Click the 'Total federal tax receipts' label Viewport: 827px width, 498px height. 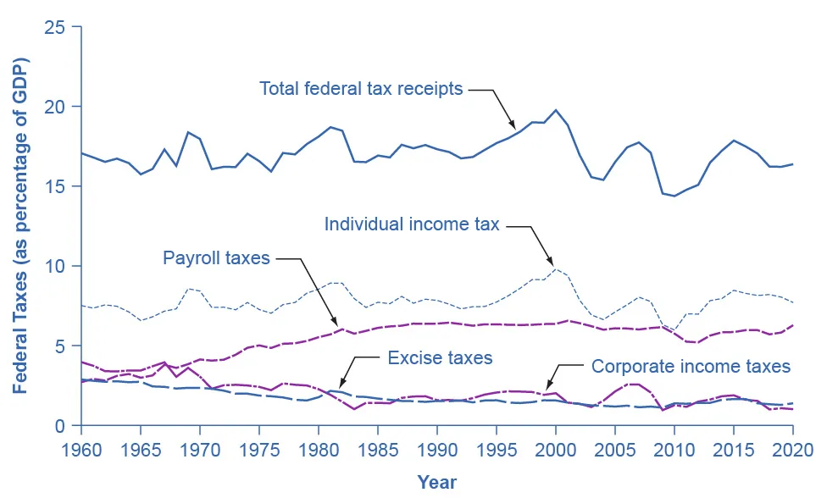(361, 89)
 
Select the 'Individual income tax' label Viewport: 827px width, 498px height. (412, 224)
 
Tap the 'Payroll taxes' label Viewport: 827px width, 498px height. (216, 258)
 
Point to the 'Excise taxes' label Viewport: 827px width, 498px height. (440, 357)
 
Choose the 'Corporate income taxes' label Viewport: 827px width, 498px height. (691, 366)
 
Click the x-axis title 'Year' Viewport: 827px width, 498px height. (436, 482)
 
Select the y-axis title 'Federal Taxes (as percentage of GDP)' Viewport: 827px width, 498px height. (20, 226)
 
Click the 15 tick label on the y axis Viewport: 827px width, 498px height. (55, 186)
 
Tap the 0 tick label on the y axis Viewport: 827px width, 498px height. (59, 426)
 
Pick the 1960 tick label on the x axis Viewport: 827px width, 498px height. (81, 451)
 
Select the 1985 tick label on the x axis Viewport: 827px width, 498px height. (378, 451)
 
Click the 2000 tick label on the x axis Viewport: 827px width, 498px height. (555, 451)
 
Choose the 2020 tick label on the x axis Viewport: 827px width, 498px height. (793, 451)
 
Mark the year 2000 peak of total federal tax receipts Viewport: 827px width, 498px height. (555, 110)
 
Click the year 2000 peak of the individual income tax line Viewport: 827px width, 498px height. (555, 268)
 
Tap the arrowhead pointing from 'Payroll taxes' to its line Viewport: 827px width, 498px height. (334, 320)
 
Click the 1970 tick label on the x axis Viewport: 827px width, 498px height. (200, 451)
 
